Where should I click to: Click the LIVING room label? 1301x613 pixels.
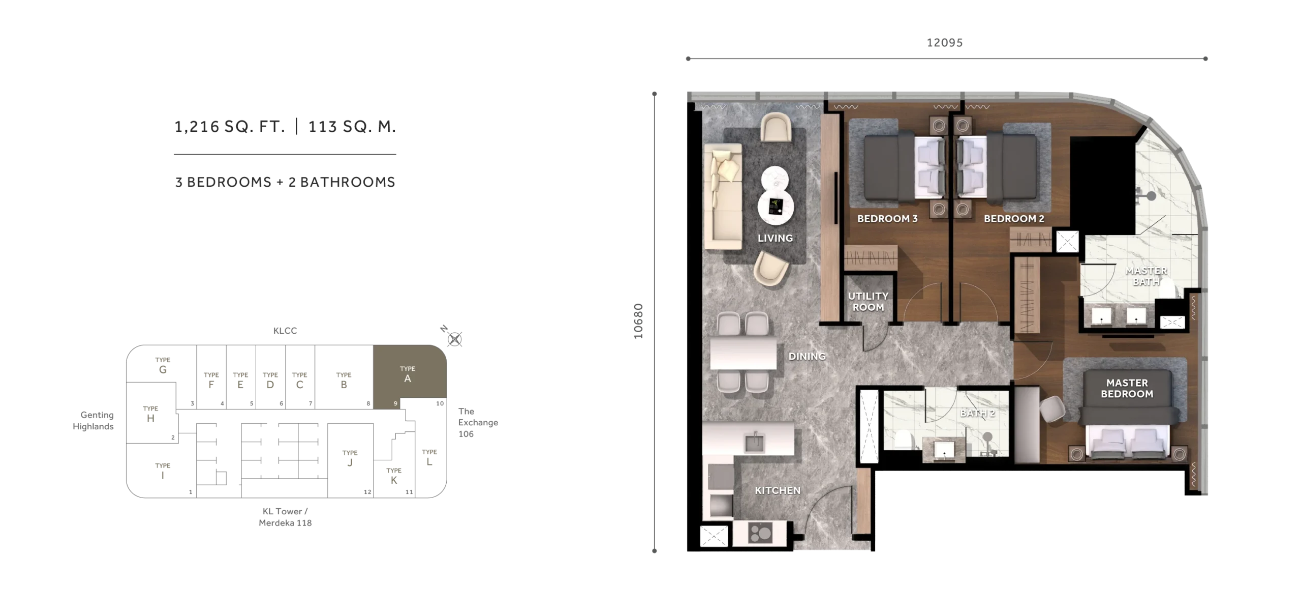775,238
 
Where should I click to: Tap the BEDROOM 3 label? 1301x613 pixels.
887,219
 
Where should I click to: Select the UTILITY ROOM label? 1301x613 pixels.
868,302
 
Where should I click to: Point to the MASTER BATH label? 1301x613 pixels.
1146,276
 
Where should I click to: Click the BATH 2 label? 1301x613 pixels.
977,413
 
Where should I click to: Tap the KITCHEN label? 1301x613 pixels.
778,490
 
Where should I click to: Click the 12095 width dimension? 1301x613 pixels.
945,43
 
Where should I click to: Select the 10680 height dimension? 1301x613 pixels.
639,321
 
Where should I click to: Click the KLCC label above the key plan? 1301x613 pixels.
285,331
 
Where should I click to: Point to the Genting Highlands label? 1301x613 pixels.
94,421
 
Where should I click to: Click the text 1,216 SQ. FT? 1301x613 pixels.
230,126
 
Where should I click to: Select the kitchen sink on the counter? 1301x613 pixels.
754,442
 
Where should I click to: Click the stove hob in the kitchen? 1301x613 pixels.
760,533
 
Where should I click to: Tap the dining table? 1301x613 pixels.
743,352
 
